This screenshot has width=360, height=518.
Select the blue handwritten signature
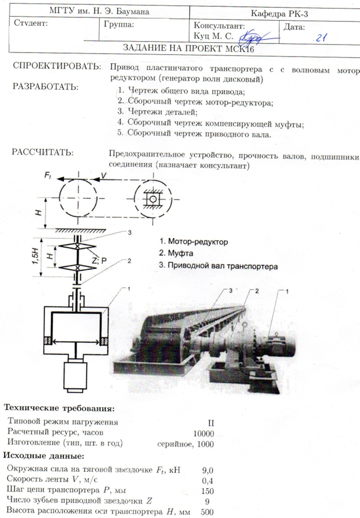(253, 36)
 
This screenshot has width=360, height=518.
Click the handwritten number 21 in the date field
(322, 38)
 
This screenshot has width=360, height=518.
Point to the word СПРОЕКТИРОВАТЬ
(57, 67)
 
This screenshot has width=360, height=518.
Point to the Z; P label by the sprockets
(99, 261)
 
